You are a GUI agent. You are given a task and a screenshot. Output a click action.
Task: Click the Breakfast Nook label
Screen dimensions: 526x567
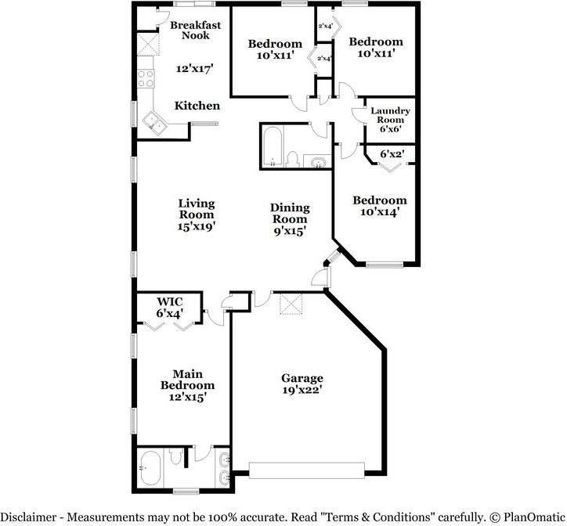(195, 30)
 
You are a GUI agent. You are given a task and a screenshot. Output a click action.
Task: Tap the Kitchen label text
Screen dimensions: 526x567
(197, 106)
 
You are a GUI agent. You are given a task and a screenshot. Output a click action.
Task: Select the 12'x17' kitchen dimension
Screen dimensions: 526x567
(195, 68)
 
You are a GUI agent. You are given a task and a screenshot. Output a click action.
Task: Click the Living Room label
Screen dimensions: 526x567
(197, 209)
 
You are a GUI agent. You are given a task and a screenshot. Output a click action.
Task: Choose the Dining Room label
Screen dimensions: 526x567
(290, 213)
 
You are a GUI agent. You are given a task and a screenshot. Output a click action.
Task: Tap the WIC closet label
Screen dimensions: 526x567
(170, 301)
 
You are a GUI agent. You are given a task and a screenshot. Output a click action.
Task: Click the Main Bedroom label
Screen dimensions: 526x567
(187, 379)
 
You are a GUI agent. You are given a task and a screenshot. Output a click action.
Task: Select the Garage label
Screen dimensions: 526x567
(302, 378)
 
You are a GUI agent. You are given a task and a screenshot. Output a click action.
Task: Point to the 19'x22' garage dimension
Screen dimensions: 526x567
(302, 389)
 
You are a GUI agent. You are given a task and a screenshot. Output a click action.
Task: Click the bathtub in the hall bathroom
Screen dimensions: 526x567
(273, 146)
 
